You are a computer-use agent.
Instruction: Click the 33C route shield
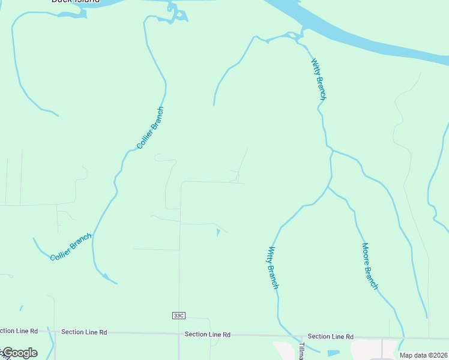pyautogui.click(x=178, y=316)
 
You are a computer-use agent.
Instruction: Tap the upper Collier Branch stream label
pyautogui.click(x=150, y=128)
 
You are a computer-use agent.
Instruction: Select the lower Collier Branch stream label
pyautogui.click(x=71, y=247)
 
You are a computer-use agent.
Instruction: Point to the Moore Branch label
pyautogui.click(x=370, y=266)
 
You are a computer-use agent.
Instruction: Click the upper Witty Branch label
pyautogui.click(x=319, y=79)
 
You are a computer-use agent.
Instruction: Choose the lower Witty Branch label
pyautogui.click(x=273, y=268)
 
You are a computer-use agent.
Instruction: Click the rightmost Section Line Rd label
pyautogui.click(x=330, y=337)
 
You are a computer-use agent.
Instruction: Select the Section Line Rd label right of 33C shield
pyautogui.click(x=208, y=334)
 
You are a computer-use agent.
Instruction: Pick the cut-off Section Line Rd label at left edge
pyautogui.click(x=19, y=331)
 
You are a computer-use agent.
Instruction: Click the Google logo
pyautogui.click(x=19, y=353)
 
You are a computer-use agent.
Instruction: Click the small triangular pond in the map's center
pyautogui.click(x=217, y=232)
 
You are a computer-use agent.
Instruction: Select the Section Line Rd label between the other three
pyautogui.click(x=84, y=332)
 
